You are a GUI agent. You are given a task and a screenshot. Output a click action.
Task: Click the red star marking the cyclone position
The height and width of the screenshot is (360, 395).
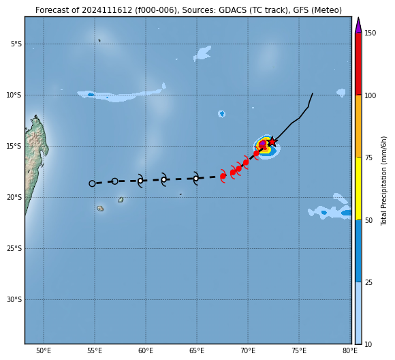[x=272, y=142]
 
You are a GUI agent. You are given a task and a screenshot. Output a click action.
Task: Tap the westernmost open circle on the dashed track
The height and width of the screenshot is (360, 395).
[x=92, y=183]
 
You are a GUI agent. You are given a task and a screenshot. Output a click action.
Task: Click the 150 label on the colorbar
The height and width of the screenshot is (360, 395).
[x=370, y=33]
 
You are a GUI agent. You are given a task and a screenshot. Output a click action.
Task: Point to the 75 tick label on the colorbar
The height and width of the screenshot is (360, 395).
[x=368, y=157]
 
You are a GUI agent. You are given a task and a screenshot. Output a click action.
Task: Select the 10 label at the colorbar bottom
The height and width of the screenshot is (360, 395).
[x=368, y=344]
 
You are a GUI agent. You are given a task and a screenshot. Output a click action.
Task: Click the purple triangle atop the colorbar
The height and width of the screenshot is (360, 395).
[x=358, y=25]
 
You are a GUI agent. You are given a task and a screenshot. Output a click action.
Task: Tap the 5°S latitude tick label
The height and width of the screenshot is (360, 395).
[x=16, y=44]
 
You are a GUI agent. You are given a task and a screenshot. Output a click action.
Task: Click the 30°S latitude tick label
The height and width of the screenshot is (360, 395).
[x=14, y=300]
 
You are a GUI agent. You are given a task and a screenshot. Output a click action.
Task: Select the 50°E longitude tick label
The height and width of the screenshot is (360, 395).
[x=44, y=351]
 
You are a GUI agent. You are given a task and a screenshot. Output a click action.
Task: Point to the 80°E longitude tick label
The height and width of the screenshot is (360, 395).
[x=350, y=351]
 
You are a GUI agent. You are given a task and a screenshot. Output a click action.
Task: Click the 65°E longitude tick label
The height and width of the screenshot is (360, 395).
[x=197, y=351]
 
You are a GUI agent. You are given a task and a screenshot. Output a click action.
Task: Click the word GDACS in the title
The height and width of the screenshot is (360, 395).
[x=230, y=10]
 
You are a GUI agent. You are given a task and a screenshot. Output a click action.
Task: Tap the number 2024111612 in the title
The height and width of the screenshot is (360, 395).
[x=107, y=10]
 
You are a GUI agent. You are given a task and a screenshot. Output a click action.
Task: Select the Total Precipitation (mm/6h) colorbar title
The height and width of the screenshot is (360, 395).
[x=383, y=181]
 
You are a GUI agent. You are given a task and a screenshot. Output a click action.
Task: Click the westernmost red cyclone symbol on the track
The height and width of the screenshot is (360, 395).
[x=223, y=176]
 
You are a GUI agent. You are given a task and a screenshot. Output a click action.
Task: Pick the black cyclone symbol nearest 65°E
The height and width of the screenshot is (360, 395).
[x=195, y=179]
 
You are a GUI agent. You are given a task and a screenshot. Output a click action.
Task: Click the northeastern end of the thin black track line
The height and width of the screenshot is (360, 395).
[x=313, y=93]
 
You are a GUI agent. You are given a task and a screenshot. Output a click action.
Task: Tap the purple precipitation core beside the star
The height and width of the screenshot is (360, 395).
[x=263, y=143]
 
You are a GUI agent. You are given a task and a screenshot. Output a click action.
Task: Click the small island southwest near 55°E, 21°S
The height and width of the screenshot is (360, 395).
[x=100, y=209]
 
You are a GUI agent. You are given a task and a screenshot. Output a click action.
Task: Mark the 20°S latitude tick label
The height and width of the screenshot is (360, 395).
[x=14, y=197]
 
